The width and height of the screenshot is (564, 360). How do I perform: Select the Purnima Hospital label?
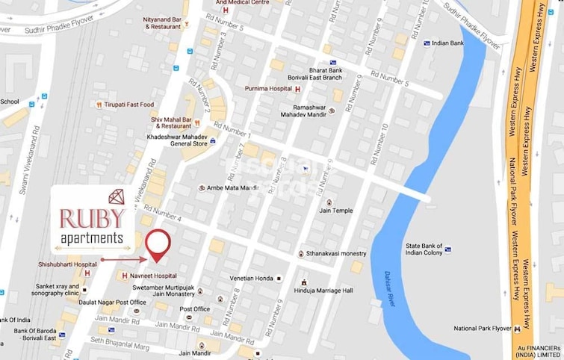(x=268, y=89)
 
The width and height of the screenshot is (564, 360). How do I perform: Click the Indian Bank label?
(x=447, y=43)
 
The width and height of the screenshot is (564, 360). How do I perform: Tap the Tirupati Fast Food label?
(x=128, y=105)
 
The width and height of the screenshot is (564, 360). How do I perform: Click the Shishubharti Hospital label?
(x=68, y=264)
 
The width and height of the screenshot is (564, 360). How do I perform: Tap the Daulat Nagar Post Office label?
(x=114, y=302)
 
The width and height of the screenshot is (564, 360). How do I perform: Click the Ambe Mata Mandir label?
(x=232, y=188)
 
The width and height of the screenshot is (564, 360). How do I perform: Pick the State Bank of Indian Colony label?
(x=430, y=250)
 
